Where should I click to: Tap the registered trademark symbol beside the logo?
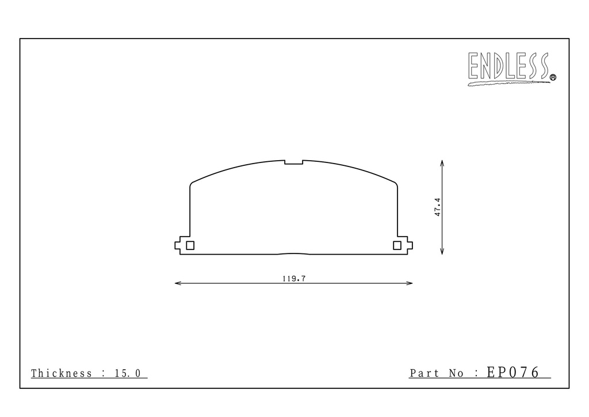click(553, 77)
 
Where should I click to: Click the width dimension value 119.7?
click(294, 279)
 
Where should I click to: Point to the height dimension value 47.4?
click(437, 207)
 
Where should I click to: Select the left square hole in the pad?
click(190, 245)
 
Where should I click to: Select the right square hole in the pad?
click(397, 245)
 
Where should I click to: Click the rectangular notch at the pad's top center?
click(294, 162)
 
